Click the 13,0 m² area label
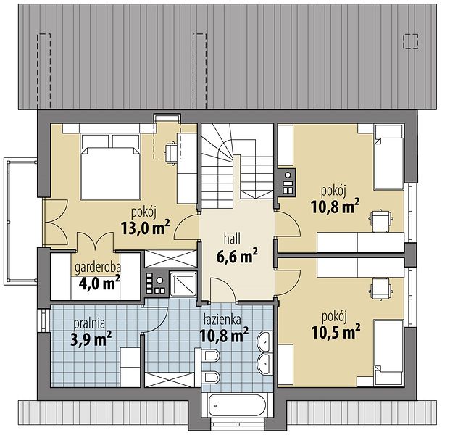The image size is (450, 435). point(146,228)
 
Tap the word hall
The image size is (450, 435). point(232,239)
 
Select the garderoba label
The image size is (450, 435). point(98,268)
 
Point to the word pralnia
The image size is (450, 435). point(89,323)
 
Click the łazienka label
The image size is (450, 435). point(222,319)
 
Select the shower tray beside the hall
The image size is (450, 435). point(183,284)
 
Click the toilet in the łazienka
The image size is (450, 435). point(211,357)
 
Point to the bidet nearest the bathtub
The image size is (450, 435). point(211,377)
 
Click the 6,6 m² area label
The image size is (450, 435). point(237,256)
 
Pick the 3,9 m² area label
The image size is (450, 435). point(91,339)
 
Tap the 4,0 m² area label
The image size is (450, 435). point(99,283)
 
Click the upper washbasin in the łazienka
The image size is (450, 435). point(265,341)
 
